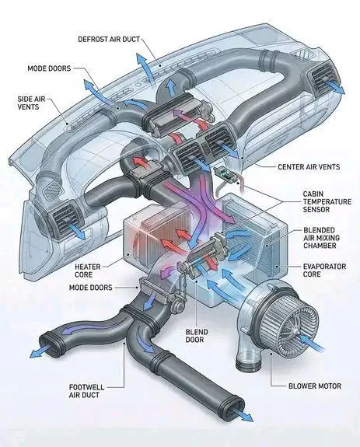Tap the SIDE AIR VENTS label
(x=34, y=103)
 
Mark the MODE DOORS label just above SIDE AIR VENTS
(x=51, y=68)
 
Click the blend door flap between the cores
(x=204, y=257)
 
